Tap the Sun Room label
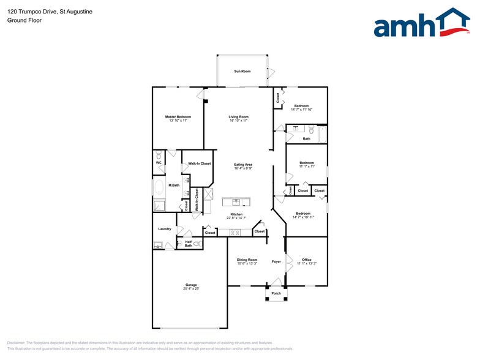click(x=242, y=72)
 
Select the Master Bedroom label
click(x=178, y=116)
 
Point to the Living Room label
click(x=239, y=116)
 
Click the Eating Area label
click(x=244, y=164)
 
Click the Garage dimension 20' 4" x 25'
click(x=191, y=288)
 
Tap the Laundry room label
click(x=164, y=229)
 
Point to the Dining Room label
click(x=247, y=260)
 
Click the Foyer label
click(x=277, y=262)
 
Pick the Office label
click(x=307, y=260)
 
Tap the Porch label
click(x=276, y=293)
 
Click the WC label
click(x=158, y=163)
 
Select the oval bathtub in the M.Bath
click(x=159, y=187)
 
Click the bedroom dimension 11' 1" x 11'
click(x=307, y=167)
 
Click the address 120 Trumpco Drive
click(x=31, y=10)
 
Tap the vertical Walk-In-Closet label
click(x=197, y=200)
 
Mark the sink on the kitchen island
click(x=235, y=202)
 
